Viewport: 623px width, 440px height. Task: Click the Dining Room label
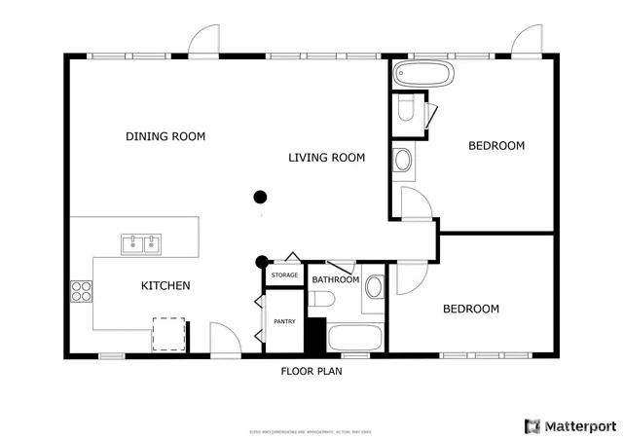(x=165, y=136)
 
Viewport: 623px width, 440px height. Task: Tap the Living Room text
(x=326, y=157)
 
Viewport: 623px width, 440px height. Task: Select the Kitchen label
(x=165, y=286)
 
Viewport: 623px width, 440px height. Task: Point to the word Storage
(x=284, y=275)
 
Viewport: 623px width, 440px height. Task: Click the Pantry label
(x=284, y=321)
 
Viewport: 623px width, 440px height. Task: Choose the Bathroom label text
(x=335, y=280)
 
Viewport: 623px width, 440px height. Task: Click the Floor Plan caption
(x=311, y=371)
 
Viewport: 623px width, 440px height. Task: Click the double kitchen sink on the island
(x=141, y=243)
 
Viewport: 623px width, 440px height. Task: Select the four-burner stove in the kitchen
(x=81, y=290)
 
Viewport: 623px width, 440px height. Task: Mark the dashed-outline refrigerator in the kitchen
(x=168, y=335)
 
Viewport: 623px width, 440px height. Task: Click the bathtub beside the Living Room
(x=421, y=74)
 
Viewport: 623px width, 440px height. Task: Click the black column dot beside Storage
(x=261, y=261)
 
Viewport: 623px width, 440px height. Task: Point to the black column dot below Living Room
(x=260, y=197)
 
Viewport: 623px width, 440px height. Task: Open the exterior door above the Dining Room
(x=204, y=42)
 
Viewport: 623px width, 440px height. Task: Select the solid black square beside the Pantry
(x=314, y=336)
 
